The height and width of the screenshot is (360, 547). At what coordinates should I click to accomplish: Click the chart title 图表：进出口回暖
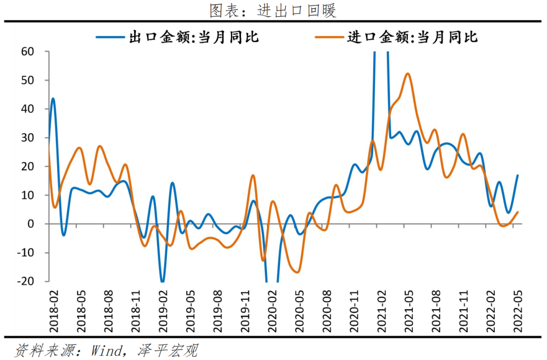pos(273,10)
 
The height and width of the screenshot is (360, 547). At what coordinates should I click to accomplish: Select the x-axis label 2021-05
pos(409,308)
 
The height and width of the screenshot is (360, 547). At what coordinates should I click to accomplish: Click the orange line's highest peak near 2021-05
pos(408,73)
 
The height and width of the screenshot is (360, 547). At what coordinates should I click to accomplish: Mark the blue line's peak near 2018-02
pos(53,99)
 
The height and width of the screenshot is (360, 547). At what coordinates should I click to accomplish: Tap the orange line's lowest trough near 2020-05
pos(298,272)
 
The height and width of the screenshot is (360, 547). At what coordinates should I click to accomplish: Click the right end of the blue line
pos(518,175)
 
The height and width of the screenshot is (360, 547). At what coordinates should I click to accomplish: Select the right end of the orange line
pos(518,212)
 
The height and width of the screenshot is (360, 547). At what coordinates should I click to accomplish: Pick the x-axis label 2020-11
pos(355,308)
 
